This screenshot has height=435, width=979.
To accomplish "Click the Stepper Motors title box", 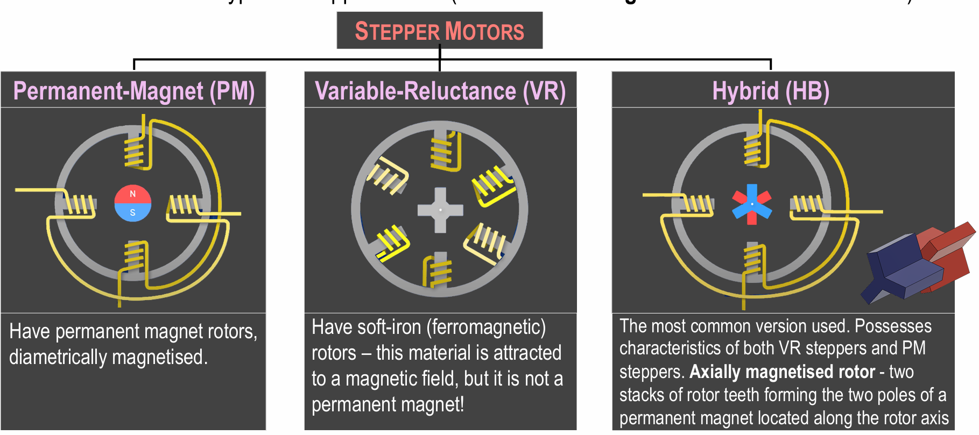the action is point(439,31).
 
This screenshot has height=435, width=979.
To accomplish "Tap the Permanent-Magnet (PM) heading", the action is point(133,91).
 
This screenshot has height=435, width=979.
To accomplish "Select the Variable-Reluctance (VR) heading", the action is point(440,91).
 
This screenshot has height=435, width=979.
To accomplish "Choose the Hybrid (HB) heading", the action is point(770,91).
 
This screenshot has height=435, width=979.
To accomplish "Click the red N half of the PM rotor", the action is point(133,194).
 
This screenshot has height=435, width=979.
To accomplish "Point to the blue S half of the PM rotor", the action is point(133,213).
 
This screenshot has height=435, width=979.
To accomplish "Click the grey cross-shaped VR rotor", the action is point(440,210).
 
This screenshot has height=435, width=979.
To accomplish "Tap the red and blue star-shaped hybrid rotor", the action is point(752,204).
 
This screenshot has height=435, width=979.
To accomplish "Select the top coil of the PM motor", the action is point(135,151).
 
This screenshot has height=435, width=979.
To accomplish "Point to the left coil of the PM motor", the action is point(79,205).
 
